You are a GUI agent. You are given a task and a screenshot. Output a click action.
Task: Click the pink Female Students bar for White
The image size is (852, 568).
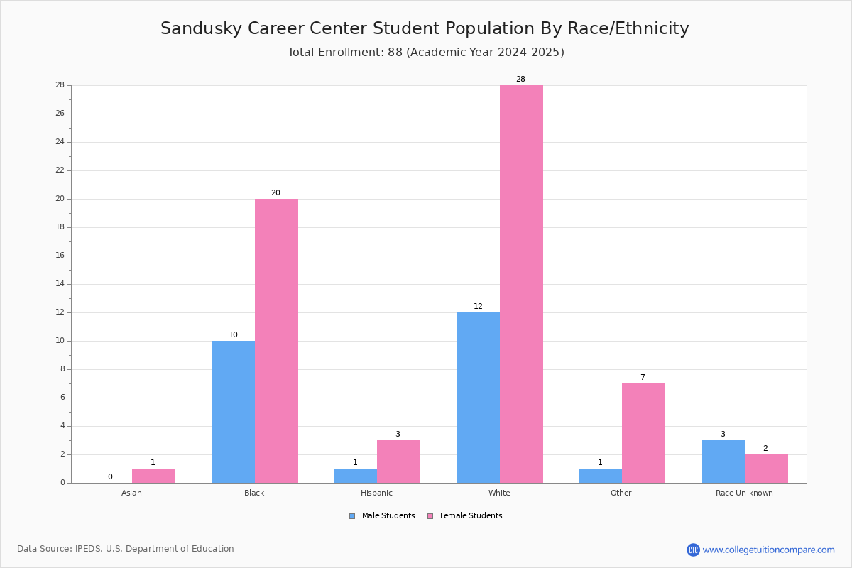coord(521,284)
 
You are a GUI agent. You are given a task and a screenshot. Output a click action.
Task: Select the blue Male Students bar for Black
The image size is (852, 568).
coord(234,412)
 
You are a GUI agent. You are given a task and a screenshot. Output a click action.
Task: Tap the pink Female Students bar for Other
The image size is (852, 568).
coord(643,433)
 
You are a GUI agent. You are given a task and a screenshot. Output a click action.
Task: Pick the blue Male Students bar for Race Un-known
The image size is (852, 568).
coord(723,461)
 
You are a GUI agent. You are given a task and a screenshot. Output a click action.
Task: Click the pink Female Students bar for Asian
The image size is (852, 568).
coord(153,476)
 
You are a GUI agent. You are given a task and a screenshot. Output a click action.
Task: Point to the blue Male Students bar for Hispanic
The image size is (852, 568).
coord(356,476)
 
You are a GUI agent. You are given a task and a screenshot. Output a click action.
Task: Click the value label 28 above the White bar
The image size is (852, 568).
coord(520,79)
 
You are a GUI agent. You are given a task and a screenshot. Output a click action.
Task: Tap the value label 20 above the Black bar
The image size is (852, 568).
coord(275,193)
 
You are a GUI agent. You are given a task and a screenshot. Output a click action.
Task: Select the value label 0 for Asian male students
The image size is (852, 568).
coord(110,476)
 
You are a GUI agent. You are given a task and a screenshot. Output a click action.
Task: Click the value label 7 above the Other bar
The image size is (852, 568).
coord(643,378)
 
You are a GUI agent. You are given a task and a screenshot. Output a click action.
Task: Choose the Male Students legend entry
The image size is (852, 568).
coord(382,516)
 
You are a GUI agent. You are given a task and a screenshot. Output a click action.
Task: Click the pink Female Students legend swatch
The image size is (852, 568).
coord(430,516)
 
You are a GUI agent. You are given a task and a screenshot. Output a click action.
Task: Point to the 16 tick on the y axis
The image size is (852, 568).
coord(69,256)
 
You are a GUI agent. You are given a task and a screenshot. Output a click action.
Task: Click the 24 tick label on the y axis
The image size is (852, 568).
coord(60,142)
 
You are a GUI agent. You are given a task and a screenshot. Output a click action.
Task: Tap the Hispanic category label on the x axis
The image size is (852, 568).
coord(376,493)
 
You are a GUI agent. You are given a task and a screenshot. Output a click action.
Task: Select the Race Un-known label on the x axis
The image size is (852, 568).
coord(744,493)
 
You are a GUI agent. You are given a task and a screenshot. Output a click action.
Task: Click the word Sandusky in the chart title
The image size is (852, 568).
coord(201,28)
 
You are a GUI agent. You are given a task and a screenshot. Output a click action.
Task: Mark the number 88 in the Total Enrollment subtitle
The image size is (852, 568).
coord(395,52)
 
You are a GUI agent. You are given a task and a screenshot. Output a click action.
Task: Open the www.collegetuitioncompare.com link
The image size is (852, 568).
coord(768,550)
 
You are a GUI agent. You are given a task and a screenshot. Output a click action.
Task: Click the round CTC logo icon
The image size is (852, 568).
coord(693,550)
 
